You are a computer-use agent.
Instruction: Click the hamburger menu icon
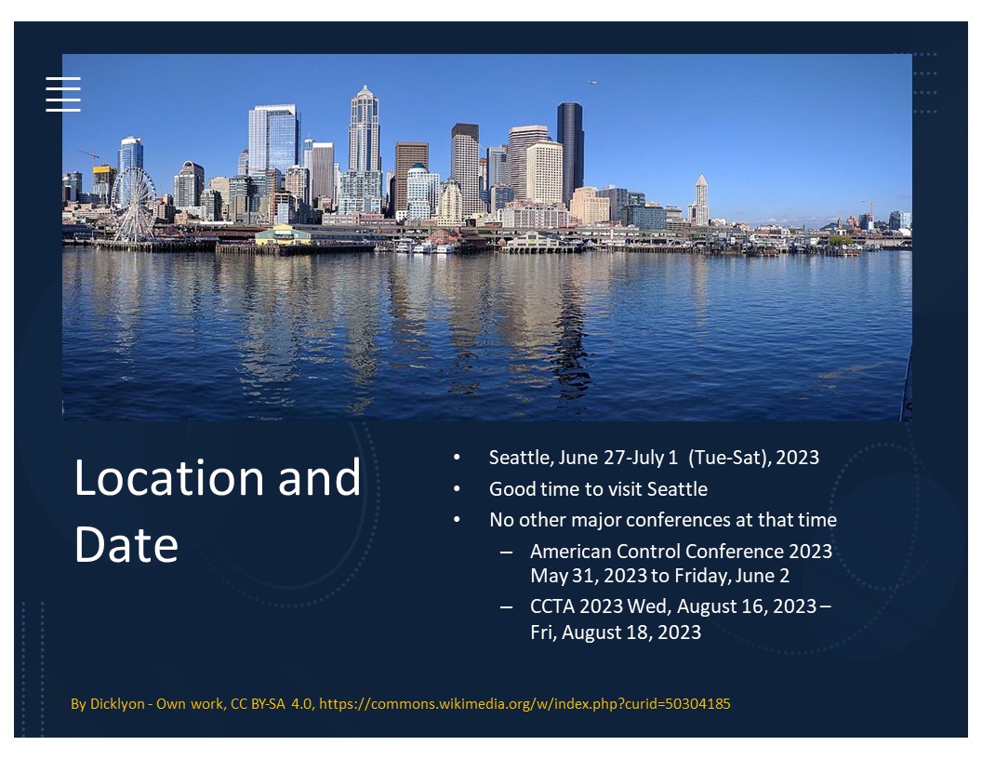pyautogui.click(x=63, y=95)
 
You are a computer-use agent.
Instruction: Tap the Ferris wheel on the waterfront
pyautogui.click(x=133, y=205)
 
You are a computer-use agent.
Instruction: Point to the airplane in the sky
pyautogui.click(x=591, y=82)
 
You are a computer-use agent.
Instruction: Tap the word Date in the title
pyautogui.click(x=126, y=544)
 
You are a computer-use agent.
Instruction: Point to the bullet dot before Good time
pyautogui.click(x=457, y=488)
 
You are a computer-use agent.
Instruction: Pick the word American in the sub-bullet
pyautogui.click(x=571, y=551)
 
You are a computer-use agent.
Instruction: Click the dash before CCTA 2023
pyautogui.click(x=506, y=606)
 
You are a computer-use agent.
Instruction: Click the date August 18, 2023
pyautogui.click(x=631, y=632)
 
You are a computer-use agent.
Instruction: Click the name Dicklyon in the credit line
pyautogui.click(x=117, y=704)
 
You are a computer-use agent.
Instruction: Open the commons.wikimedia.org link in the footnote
pyautogui.click(x=524, y=704)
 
